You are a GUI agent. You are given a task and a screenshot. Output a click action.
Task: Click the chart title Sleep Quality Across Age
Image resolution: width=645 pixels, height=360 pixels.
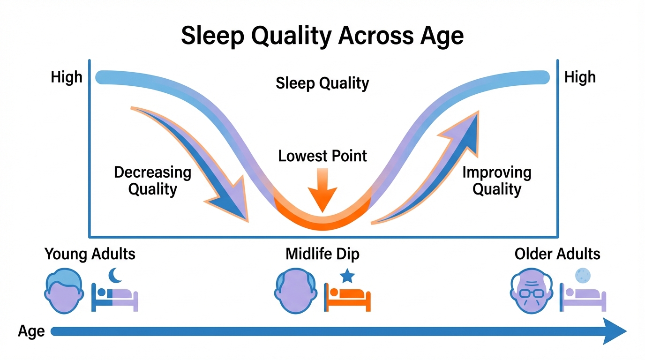point(322,36)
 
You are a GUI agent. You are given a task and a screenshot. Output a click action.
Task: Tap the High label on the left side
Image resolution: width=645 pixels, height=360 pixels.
point(67,77)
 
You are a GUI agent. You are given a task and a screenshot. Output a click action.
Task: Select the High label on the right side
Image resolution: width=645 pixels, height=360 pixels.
point(580,77)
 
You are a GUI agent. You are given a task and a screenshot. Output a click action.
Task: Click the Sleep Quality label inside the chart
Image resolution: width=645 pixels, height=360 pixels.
point(322,83)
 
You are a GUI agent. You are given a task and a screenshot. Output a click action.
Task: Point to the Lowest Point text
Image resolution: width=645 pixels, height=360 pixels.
point(322,156)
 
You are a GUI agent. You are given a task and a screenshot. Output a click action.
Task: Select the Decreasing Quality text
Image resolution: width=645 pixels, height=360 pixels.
point(153,180)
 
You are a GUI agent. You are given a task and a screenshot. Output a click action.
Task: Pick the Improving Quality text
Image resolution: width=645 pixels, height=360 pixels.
point(497,180)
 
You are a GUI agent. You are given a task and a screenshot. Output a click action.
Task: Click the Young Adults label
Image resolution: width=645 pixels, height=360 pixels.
point(90,254)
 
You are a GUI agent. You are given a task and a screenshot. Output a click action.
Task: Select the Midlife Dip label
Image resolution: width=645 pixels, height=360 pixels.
point(322,254)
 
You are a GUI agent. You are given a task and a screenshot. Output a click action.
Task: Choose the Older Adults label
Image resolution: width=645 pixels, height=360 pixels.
point(557,254)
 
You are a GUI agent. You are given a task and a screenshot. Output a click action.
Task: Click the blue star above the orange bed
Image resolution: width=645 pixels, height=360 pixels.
point(347,276)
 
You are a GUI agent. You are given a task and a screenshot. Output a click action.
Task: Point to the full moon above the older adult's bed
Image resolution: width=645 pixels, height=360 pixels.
point(583,275)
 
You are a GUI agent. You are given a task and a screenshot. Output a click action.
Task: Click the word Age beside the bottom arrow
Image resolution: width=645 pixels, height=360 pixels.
point(31,331)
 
